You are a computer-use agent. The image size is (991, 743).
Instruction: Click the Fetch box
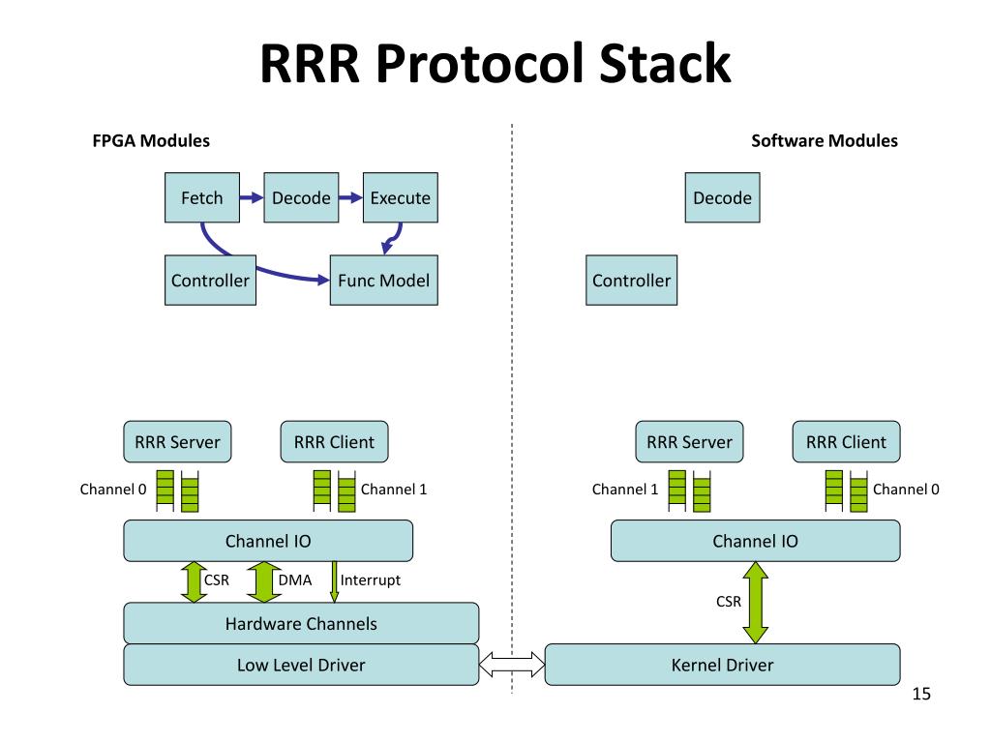[x=202, y=197]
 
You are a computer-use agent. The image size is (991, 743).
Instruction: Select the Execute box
[x=400, y=197]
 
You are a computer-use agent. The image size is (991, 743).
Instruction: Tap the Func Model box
[x=383, y=281]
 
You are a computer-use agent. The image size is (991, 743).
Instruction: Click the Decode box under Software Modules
[x=722, y=197]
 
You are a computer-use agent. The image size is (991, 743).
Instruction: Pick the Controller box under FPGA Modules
[x=210, y=281]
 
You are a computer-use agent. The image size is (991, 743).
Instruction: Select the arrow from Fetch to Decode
[x=252, y=197]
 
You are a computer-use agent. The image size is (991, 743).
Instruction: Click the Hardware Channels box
[x=301, y=624]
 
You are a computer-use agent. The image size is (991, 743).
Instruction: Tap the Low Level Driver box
[x=301, y=665]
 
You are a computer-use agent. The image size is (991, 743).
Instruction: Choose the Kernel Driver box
[x=722, y=665]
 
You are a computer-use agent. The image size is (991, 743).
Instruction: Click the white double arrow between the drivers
[x=512, y=665]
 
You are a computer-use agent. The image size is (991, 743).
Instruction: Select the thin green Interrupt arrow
[x=334, y=581]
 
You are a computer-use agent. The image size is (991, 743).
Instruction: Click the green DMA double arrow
[x=263, y=581]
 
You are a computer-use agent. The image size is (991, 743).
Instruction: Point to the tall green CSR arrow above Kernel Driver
[x=756, y=603]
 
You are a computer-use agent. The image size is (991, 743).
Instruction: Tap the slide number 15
[x=921, y=694]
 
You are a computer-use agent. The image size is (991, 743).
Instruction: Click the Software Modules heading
[x=825, y=141]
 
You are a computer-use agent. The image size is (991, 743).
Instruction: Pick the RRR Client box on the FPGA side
[x=334, y=441]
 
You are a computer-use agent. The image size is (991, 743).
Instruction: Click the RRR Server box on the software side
[x=689, y=441]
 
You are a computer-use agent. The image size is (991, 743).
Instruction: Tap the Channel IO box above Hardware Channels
[x=268, y=541]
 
